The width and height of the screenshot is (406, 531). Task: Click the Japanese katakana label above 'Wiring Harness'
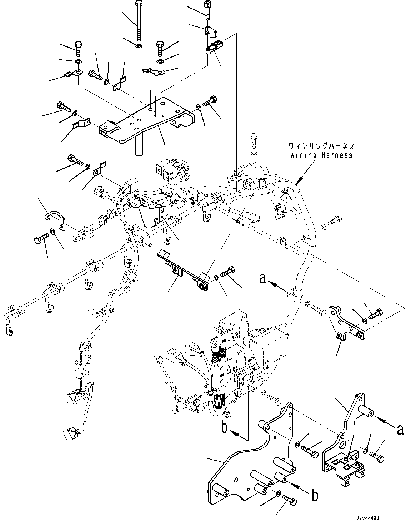321,147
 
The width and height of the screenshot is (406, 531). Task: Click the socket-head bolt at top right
207,9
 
